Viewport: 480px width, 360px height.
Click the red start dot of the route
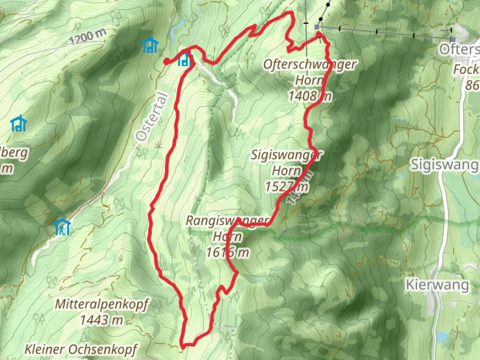click(166, 61)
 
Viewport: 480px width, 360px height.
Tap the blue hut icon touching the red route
click(185, 60)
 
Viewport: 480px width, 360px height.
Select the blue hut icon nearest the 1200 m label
click(150, 45)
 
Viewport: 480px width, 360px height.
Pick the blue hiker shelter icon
click(62, 227)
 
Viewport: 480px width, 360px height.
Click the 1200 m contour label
click(88, 36)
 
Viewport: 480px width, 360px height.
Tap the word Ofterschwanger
click(310, 64)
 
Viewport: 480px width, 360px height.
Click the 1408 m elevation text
click(310, 96)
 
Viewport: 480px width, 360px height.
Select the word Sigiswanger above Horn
click(286, 155)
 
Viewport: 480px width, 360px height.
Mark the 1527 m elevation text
click(286, 186)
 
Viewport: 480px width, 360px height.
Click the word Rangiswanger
click(227, 221)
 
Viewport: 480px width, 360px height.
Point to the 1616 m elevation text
click(227, 252)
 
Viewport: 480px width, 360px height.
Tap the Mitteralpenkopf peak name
click(101, 304)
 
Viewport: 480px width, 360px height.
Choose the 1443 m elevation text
click(101, 320)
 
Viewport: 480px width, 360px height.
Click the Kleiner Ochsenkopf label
click(81, 349)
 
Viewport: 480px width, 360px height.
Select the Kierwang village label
click(437, 285)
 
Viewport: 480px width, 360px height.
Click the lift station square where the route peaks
click(317, 27)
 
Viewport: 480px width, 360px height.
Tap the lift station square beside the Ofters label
click(452, 39)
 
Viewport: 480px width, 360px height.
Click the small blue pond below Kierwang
click(442, 337)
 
